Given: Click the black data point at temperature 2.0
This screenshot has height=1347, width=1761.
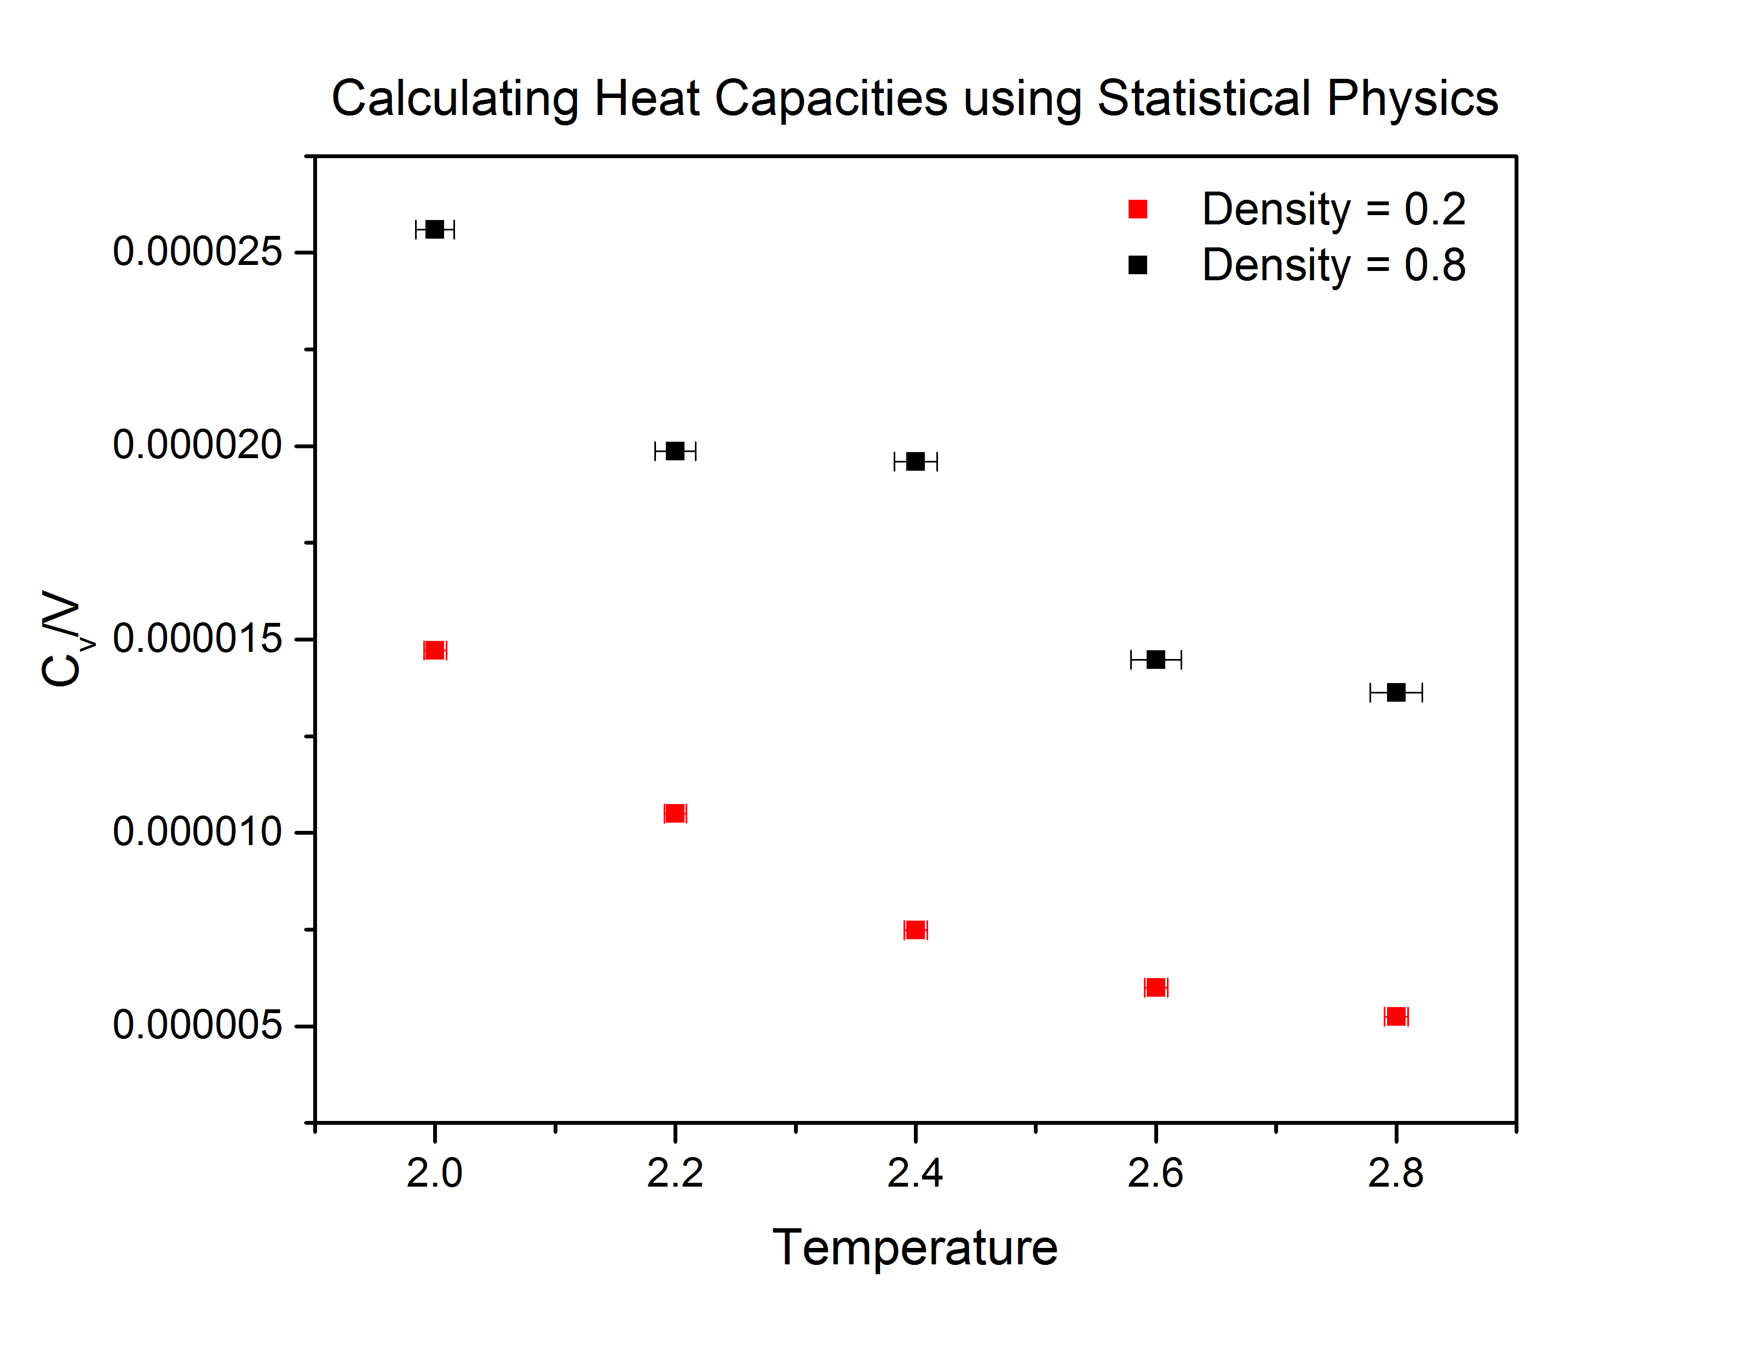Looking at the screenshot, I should (x=435, y=229).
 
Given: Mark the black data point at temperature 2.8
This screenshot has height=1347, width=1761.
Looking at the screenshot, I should (x=1396, y=692).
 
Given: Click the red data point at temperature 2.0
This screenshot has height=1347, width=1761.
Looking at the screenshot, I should (x=435, y=650).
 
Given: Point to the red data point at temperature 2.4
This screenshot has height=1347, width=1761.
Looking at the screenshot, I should (x=915, y=929).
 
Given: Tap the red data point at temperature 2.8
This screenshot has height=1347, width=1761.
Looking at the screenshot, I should (x=1396, y=1016).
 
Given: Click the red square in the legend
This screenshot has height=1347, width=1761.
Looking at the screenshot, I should (x=1137, y=209).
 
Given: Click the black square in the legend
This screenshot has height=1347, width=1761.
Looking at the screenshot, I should (x=1137, y=265).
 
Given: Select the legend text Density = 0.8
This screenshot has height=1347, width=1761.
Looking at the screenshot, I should (x=1333, y=265).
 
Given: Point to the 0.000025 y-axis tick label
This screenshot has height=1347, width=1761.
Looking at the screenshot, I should (x=197, y=252).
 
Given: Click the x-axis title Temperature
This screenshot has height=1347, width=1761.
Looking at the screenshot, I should (x=915, y=1247).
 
